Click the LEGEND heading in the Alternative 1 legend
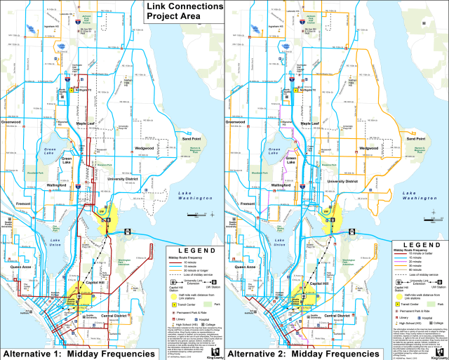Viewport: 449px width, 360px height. pos(191,250)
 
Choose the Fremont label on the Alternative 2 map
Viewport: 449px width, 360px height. pos(250,204)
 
